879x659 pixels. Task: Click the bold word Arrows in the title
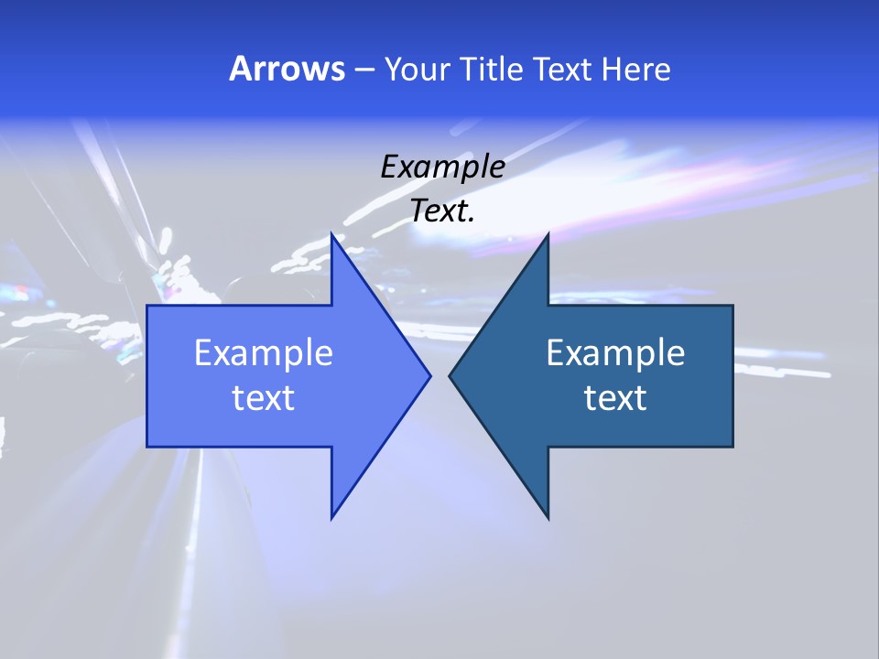pyautogui.click(x=287, y=69)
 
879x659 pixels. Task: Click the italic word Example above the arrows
pyautogui.click(x=442, y=167)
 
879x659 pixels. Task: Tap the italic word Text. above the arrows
pyautogui.click(x=442, y=211)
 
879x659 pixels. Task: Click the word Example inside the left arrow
pyautogui.click(x=264, y=353)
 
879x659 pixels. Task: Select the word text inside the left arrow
pyautogui.click(x=264, y=398)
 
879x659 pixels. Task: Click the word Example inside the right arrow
pyautogui.click(x=615, y=353)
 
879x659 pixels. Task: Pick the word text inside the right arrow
pyautogui.click(x=615, y=398)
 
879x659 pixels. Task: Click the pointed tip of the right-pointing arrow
pyautogui.click(x=430, y=375)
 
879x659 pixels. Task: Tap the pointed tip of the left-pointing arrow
pyautogui.click(x=449, y=375)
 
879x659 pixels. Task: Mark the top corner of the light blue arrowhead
pyautogui.click(x=331, y=234)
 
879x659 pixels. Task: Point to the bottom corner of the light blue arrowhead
pyautogui.click(x=331, y=518)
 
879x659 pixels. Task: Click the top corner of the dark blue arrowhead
pyautogui.click(x=548, y=234)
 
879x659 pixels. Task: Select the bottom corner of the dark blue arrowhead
pyautogui.click(x=548, y=518)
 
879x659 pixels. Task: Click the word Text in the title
pyautogui.click(x=564, y=70)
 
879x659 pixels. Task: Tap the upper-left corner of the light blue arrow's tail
pyautogui.click(x=147, y=306)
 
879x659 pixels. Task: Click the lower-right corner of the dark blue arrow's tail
pyautogui.click(x=732, y=446)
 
